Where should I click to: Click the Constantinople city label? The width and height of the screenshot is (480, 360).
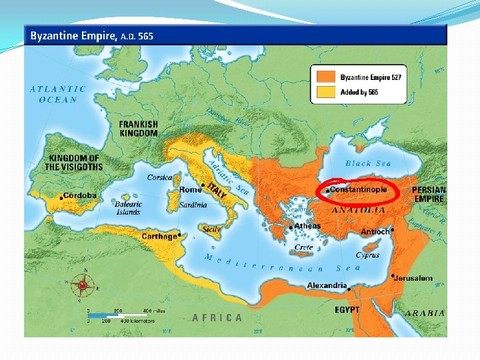click(x=359, y=189)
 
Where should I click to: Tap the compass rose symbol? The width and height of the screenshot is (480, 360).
click(x=83, y=285)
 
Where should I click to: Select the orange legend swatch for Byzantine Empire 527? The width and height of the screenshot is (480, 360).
click(x=326, y=78)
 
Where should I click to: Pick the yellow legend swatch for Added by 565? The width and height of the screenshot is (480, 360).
click(x=326, y=91)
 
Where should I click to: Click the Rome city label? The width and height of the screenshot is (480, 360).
click(x=190, y=190)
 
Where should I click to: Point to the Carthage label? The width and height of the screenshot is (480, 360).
click(x=159, y=236)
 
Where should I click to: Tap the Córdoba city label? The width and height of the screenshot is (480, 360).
click(x=80, y=196)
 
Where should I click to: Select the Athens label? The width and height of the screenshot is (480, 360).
click(x=307, y=226)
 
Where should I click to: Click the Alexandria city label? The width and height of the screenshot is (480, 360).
click(x=327, y=285)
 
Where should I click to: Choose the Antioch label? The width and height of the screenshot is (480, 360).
click(x=375, y=231)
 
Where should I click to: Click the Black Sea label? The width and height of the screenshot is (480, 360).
click(x=368, y=163)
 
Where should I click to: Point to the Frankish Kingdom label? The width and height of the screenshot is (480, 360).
click(x=139, y=129)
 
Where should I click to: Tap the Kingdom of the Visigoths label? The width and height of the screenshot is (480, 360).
click(x=74, y=162)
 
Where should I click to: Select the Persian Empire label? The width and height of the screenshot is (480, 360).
click(x=429, y=194)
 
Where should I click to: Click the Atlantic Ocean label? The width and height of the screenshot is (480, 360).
click(x=58, y=94)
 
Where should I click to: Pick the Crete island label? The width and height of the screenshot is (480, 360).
click(x=303, y=247)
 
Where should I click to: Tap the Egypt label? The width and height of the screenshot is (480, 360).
click(x=347, y=310)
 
